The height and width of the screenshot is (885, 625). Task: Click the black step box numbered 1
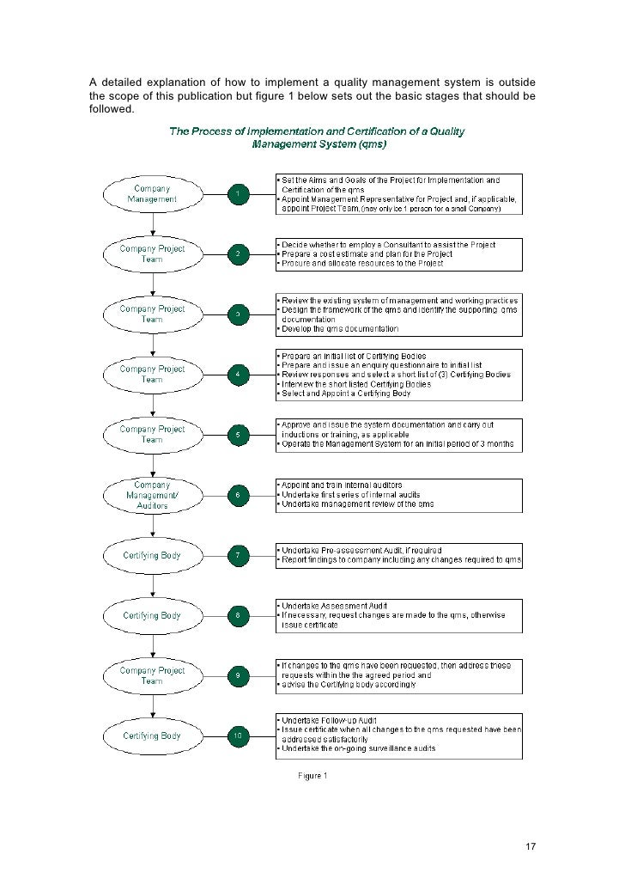click(x=238, y=194)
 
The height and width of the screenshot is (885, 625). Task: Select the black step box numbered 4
click(x=238, y=375)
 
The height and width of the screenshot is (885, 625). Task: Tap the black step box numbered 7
click(x=238, y=555)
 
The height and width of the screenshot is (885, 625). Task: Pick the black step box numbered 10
click(x=238, y=735)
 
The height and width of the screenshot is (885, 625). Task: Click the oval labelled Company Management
click(x=152, y=194)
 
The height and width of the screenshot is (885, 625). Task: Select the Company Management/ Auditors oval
click(x=152, y=495)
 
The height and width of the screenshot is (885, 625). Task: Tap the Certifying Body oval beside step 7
click(x=152, y=555)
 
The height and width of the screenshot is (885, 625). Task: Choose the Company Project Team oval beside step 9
click(x=152, y=675)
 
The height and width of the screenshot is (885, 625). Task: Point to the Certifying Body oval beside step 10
click(x=152, y=735)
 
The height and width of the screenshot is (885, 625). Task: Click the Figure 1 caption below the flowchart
click(x=312, y=777)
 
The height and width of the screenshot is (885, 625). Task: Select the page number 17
click(x=530, y=846)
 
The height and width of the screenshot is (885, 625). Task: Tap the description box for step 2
click(x=397, y=254)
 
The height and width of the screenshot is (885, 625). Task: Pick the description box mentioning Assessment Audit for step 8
click(x=397, y=615)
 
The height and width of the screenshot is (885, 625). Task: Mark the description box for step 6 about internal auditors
click(x=397, y=495)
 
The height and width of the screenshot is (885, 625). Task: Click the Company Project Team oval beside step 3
click(x=152, y=314)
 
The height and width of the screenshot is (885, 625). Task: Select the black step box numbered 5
click(x=238, y=435)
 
